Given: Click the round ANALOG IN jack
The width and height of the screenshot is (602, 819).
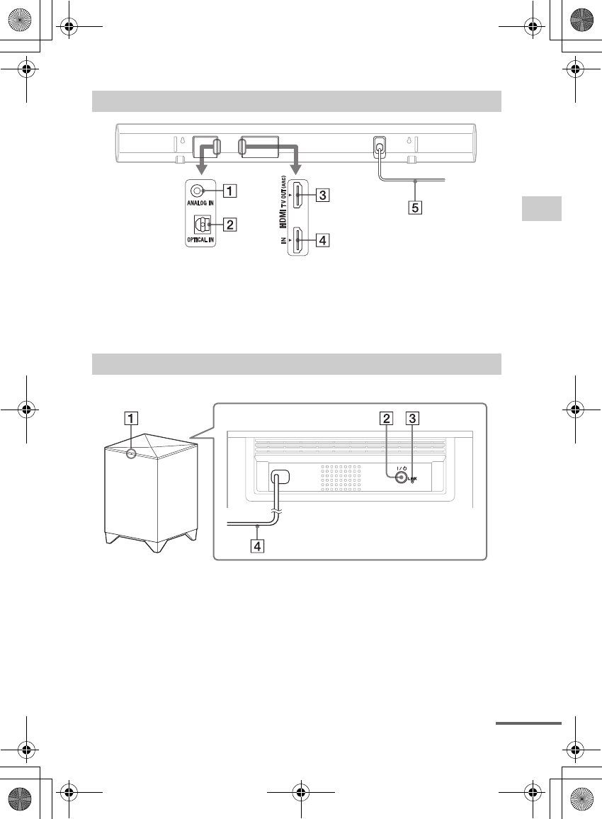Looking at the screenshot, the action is click(x=199, y=191).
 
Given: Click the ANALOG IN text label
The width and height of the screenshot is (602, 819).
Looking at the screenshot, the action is click(x=200, y=205).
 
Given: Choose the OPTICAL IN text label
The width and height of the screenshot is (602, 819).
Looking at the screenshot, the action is click(x=200, y=240).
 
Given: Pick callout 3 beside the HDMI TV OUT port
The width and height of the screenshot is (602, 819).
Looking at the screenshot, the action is click(x=322, y=195).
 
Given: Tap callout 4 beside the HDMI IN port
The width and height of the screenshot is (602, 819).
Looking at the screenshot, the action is click(x=322, y=240).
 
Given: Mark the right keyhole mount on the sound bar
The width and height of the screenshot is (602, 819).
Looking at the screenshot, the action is click(x=409, y=139).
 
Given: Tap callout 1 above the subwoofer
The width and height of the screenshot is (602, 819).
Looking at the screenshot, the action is click(x=129, y=417).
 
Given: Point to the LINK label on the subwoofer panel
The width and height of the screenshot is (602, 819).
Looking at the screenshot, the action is click(x=412, y=479).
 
